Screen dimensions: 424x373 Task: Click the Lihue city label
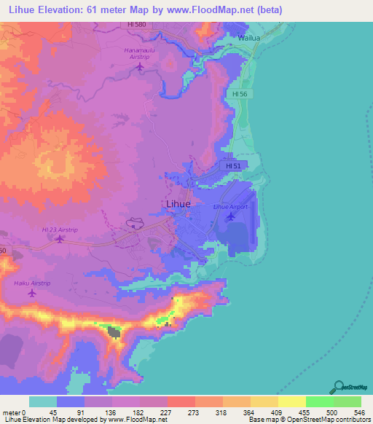pyautogui.click(x=176, y=205)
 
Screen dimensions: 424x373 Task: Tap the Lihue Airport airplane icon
pyautogui.click(x=231, y=216)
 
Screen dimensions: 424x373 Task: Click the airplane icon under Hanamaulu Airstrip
pyautogui.click(x=141, y=68)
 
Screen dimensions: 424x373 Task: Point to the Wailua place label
pyautogui.click(x=248, y=37)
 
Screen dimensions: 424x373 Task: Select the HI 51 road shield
pyautogui.click(x=233, y=167)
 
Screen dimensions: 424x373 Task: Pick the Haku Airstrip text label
pyautogui.click(x=31, y=282)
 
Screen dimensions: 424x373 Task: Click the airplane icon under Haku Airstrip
pyautogui.click(x=31, y=293)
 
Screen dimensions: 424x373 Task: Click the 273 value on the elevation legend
pyautogui.click(x=181, y=413)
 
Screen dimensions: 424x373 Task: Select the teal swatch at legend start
pyautogui.click(x=43, y=402)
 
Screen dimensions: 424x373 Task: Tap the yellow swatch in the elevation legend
pyautogui.click(x=292, y=402)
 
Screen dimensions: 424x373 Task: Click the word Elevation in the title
pyautogui.click(x=63, y=10)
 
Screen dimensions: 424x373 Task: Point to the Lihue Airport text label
pyautogui.click(x=230, y=207)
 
